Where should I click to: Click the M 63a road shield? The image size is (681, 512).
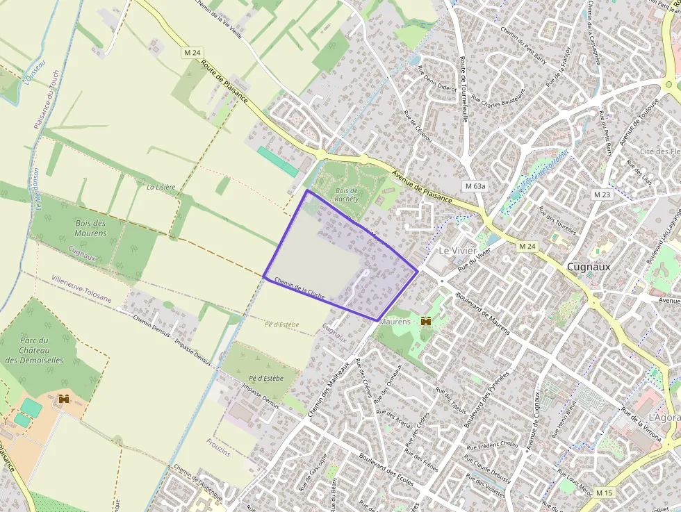(x=475, y=186)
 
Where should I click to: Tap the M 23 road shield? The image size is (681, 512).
(x=602, y=195)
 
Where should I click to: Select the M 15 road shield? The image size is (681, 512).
(x=604, y=493)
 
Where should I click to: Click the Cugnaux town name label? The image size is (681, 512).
(x=589, y=266)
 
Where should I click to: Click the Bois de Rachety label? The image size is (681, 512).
(x=346, y=195)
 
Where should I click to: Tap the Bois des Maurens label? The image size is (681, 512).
(x=90, y=228)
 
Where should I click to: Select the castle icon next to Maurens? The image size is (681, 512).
(x=426, y=322)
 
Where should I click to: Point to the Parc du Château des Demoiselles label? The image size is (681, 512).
(x=34, y=350)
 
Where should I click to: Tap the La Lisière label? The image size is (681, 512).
(x=161, y=187)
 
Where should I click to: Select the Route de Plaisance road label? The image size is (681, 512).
(x=224, y=81)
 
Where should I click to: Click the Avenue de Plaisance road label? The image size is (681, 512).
(x=422, y=188)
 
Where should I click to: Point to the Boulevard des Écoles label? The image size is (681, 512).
(x=386, y=470)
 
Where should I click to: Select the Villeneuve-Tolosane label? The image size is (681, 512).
(x=81, y=288)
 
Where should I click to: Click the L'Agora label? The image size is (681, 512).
(x=664, y=416)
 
